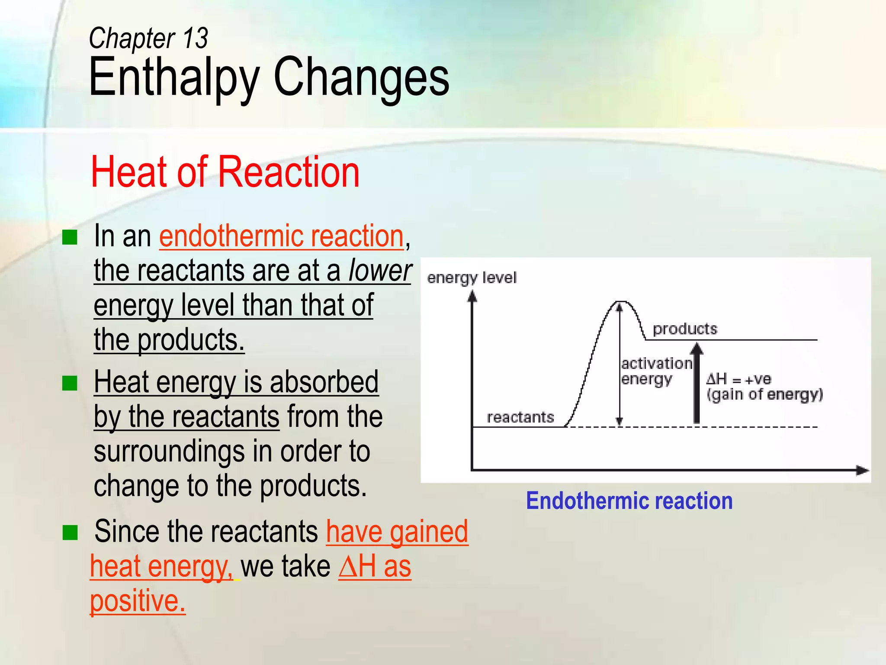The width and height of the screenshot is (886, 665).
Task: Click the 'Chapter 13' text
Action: (x=148, y=39)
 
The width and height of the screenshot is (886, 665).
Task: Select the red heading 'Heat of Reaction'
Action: (x=225, y=172)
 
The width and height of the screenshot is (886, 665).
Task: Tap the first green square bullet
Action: (x=70, y=237)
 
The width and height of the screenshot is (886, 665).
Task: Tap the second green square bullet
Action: (x=70, y=383)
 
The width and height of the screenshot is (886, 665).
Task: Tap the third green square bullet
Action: (x=70, y=533)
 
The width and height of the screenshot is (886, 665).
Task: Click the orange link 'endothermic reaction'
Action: (x=281, y=236)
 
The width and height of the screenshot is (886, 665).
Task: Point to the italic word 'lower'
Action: (x=380, y=271)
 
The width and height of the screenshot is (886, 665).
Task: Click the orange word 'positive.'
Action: (x=138, y=601)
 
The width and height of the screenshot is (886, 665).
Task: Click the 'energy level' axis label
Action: (x=472, y=278)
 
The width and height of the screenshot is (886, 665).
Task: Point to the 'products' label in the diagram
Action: (x=684, y=329)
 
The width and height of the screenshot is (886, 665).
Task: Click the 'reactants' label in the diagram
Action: (x=520, y=417)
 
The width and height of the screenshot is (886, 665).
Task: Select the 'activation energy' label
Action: (x=655, y=371)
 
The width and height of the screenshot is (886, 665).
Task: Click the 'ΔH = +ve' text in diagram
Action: (x=738, y=379)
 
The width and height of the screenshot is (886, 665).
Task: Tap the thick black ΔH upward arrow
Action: (x=696, y=385)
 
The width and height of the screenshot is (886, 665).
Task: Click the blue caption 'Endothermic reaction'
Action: (x=629, y=501)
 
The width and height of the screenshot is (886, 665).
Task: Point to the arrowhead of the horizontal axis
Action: (x=863, y=470)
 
